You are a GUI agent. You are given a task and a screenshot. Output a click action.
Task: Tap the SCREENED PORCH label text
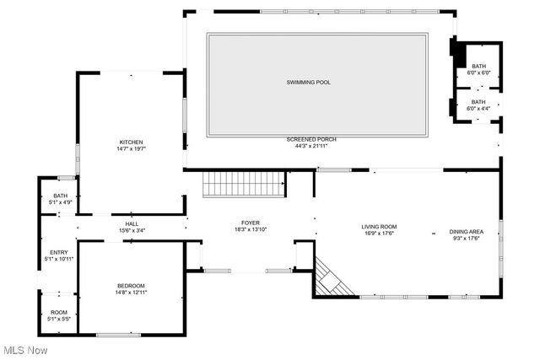(x=310, y=139)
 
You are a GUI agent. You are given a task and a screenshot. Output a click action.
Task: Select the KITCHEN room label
(x=131, y=142)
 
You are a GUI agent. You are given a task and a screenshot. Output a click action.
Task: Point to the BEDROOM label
(x=131, y=285)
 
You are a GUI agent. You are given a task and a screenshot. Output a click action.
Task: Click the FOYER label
(x=250, y=223)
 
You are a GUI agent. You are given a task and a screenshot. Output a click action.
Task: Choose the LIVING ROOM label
(x=379, y=227)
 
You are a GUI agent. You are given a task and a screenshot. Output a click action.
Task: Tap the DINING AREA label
(x=467, y=232)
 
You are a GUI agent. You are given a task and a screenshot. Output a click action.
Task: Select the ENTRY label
(x=59, y=252)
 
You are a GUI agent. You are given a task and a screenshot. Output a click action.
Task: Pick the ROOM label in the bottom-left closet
(x=59, y=312)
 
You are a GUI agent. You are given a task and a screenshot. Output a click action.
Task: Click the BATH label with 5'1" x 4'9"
(x=59, y=196)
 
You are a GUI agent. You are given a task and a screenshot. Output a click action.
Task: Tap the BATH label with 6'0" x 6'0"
(x=478, y=67)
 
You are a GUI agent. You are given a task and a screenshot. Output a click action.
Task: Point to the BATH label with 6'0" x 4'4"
(x=478, y=102)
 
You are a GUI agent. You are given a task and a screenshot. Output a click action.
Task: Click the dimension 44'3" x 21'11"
(x=310, y=146)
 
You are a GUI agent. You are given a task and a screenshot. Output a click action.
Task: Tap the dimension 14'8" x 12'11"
(x=131, y=292)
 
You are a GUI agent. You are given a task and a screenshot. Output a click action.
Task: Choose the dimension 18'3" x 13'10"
(x=250, y=229)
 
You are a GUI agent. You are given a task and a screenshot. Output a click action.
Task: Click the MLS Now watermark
(x=24, y=349)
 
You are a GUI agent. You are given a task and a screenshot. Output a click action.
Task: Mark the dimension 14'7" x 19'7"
(x=131, y=148)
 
